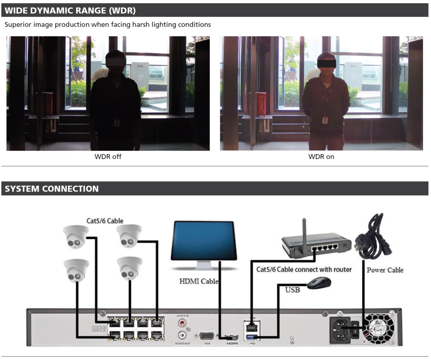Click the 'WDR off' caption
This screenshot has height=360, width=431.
point(108,157)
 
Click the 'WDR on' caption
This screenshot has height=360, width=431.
point(321,157)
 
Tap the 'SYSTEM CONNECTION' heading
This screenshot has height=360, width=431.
point(51,189)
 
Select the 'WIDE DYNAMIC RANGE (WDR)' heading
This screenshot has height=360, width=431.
point(70,11)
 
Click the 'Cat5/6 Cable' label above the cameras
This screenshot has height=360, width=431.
point(105,221)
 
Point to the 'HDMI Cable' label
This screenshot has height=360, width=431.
point(198,281)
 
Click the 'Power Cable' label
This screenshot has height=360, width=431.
point(385,270)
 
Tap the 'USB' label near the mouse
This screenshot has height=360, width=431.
point(292,290)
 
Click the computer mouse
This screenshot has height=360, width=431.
point(319,283)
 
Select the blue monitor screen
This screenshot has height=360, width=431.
point(204,240)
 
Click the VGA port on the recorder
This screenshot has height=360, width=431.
point(207,336)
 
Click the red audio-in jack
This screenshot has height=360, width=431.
point(182,323)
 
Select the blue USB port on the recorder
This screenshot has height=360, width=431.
point(251,337)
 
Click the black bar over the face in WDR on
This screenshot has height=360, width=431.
point(327,64)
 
